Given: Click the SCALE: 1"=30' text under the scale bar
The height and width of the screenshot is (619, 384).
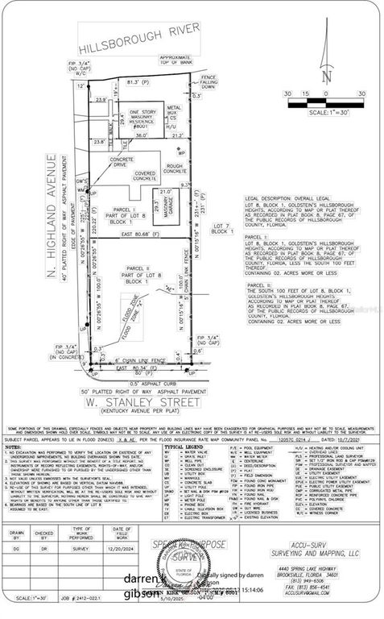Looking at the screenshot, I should click(324, 111).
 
